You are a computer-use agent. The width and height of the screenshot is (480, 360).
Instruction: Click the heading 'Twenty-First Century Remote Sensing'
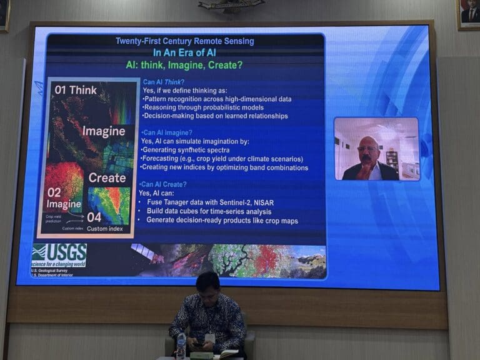pos(184,41)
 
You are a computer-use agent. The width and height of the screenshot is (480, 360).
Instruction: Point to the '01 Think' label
pos(75,90)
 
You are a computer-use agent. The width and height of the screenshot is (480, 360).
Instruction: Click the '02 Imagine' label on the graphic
pos(63,198)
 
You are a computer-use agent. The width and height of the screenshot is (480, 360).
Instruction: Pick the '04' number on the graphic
pos(94,217)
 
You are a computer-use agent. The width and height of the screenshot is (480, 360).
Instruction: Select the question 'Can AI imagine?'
pos(167,132)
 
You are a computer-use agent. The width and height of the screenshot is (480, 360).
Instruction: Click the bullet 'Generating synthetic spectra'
pos(186,150)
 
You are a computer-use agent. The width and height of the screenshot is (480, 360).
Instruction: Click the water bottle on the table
pos(181,346)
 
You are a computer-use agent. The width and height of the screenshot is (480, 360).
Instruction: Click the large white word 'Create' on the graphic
pos(107,177)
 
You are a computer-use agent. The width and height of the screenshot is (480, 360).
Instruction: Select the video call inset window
pos(376,149)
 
